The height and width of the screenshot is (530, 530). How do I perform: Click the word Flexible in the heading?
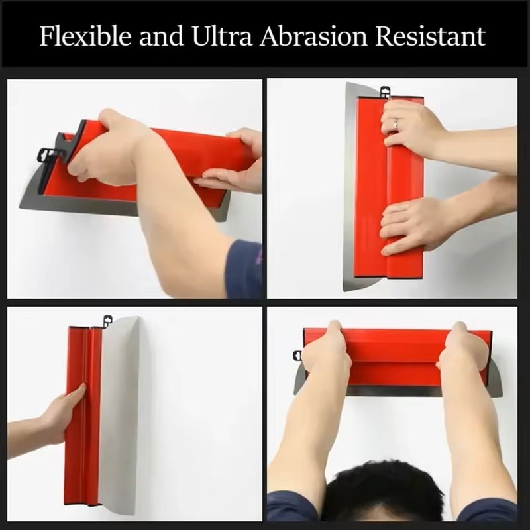[79, 36]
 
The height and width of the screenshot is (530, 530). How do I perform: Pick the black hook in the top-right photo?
[384, 91]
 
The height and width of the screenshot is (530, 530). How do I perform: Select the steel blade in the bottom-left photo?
[120, 411]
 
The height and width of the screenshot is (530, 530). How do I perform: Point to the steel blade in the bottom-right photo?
[397, 390]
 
